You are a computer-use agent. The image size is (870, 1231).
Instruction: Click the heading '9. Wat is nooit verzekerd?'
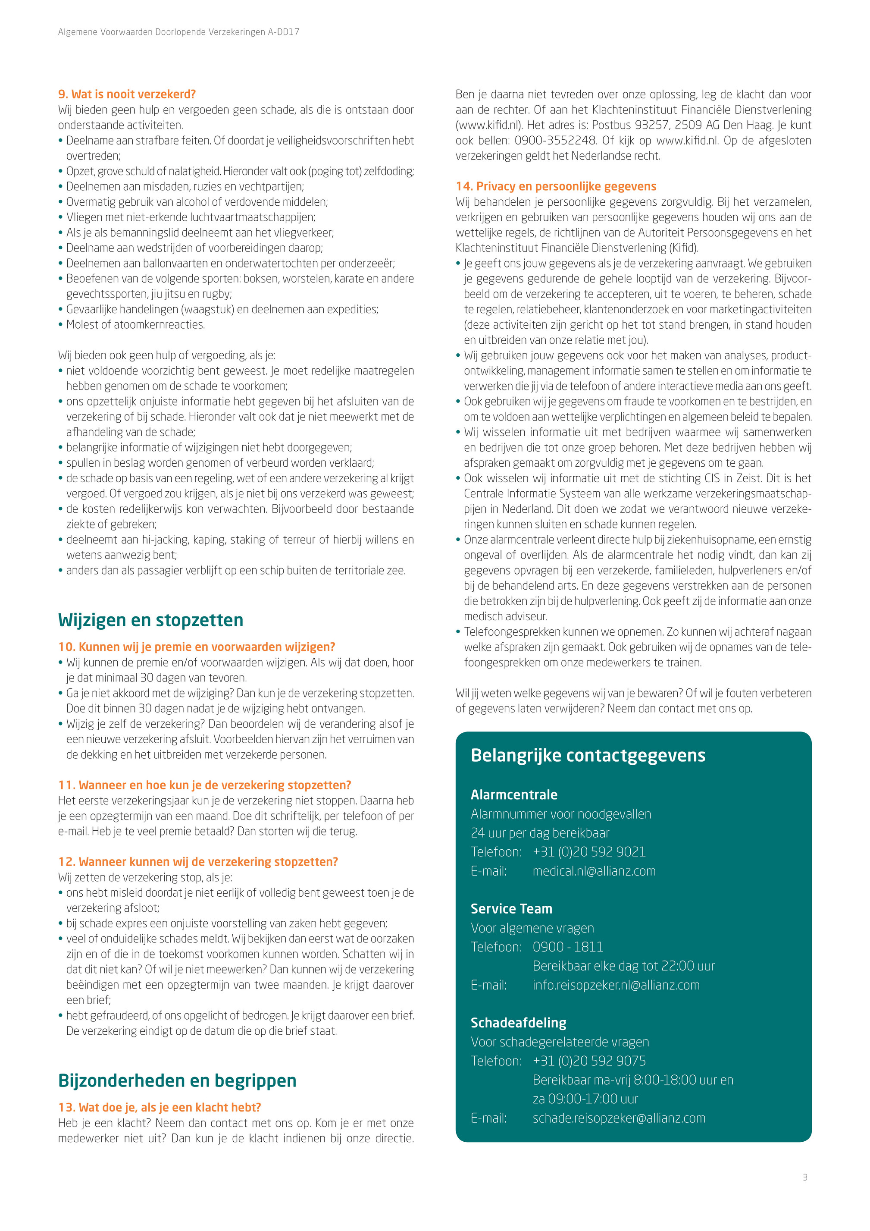point(127,94)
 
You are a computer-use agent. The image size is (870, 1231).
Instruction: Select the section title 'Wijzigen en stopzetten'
point(150,620)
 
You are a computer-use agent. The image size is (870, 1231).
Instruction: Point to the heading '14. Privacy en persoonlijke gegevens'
point(556,187)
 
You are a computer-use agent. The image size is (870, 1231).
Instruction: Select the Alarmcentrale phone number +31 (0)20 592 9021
point(588,852)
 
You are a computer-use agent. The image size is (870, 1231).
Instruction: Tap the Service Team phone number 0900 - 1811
point(568,947)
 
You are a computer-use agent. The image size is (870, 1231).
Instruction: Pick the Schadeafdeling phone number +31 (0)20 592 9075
point(588,1061)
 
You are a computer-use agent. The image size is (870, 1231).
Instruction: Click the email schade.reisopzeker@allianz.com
point(619,1118)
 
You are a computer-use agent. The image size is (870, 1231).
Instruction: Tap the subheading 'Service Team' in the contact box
point(511,909)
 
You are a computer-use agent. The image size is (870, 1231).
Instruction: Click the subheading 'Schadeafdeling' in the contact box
point(518,1023)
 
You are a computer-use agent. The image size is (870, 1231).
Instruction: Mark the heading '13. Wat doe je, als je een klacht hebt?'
point(160,1108)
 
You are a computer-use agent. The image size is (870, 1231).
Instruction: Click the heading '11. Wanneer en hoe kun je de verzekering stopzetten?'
point(204,785)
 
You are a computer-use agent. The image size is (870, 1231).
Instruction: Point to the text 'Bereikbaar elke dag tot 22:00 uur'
point(623,966)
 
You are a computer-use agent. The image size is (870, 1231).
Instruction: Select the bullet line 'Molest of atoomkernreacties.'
point(135,325)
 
